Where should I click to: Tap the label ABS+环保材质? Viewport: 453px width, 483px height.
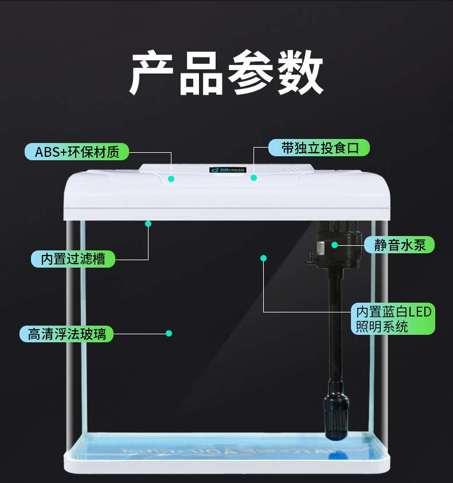tap(77, 152)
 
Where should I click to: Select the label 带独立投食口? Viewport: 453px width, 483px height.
tap(319, 148)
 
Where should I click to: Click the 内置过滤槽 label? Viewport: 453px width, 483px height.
tap(73, 258)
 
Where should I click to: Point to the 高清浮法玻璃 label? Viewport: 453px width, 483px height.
tap(67, 334)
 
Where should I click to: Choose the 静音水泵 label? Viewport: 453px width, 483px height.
tap(400, 245)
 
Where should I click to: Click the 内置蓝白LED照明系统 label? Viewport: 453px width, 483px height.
tap(393, 319)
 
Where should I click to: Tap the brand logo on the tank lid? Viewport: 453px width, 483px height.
tap(228, 170)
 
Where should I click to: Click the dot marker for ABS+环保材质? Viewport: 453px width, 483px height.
tap(171, 179)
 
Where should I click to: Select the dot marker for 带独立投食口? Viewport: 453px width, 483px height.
tap(253, 177)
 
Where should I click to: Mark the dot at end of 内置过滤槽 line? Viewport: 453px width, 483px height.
tap(148, 223)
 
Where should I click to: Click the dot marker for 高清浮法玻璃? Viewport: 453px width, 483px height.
tap(169, 333)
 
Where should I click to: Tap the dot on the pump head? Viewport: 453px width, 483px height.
tap(334, 245)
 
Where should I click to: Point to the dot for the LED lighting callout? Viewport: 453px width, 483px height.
tap(264, 258)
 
